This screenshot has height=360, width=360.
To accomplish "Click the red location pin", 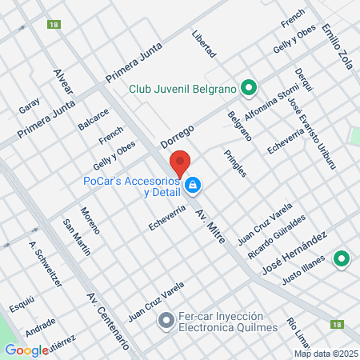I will (181, 162).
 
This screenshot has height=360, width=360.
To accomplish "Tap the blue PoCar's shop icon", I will (193, 186).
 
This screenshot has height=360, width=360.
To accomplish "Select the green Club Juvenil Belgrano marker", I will (249, 87).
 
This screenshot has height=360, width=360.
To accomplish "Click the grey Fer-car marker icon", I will (166, 322).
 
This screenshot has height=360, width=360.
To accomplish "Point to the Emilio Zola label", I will (337, 46).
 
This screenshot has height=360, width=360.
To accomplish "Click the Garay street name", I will (29, 105).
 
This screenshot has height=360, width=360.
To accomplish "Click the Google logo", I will (26, 350).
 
